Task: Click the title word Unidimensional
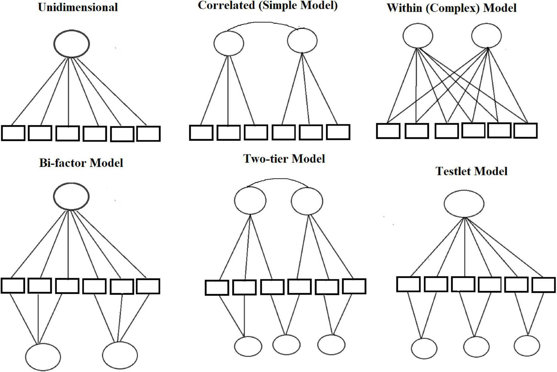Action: pos(78,7)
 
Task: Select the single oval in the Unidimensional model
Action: pos(72,44)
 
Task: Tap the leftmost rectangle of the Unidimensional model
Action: pos(13,133)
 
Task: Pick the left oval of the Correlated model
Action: pos(229,43)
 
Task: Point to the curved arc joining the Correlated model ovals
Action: pos(266,23)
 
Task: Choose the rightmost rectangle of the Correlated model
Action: pos(338,132)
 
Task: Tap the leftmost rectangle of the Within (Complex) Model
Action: pos(388,131)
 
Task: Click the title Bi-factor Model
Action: pos(81,163)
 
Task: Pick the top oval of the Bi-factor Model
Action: pos(71,196)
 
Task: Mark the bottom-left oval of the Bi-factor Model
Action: pos(43,357)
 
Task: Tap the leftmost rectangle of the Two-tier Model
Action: pos(217,287)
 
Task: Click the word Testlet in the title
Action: pos(453,171)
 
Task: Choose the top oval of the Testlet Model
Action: pos(464,204)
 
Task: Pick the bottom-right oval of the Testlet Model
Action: pos(527,346)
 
